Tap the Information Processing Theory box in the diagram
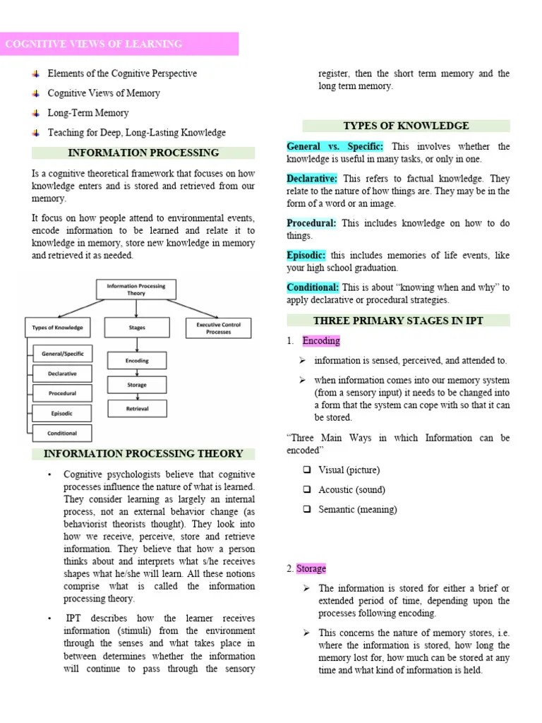click(x=136, y=289)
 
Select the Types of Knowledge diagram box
click(x=58, y=328)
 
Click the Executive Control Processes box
click(x=213, y=328)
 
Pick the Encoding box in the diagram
click(x=137, y=361)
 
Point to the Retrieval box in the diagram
click(x=137, y=408)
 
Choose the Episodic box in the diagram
click(x=62, y=413)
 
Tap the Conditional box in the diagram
click(x=62, y=433)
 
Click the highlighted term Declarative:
click(x=312, y=179)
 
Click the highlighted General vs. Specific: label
click(x=335, y=147)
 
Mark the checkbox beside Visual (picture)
click(x=306, y=470)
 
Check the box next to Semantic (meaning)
click(x=306, y=509)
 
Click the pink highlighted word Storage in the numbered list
click(x=311, y=568)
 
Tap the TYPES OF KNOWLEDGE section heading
click(x=406, y=126)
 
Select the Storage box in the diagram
click(x=137, y=385)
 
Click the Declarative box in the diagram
click(x=62, y=373)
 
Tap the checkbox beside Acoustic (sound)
click(x=306, y=489)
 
